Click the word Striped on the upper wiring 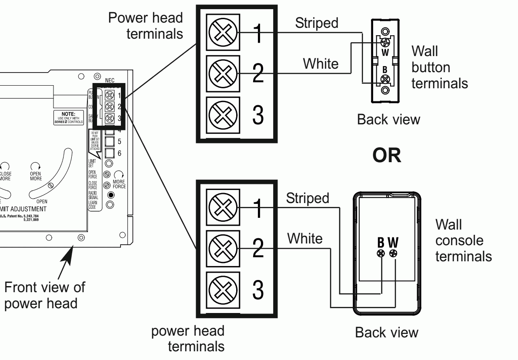[316, 23]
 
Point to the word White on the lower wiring [304, 238]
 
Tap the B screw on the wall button [384, 79]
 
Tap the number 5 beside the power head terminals [120, 142]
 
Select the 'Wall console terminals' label [463, 240]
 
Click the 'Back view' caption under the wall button [388, 120]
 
